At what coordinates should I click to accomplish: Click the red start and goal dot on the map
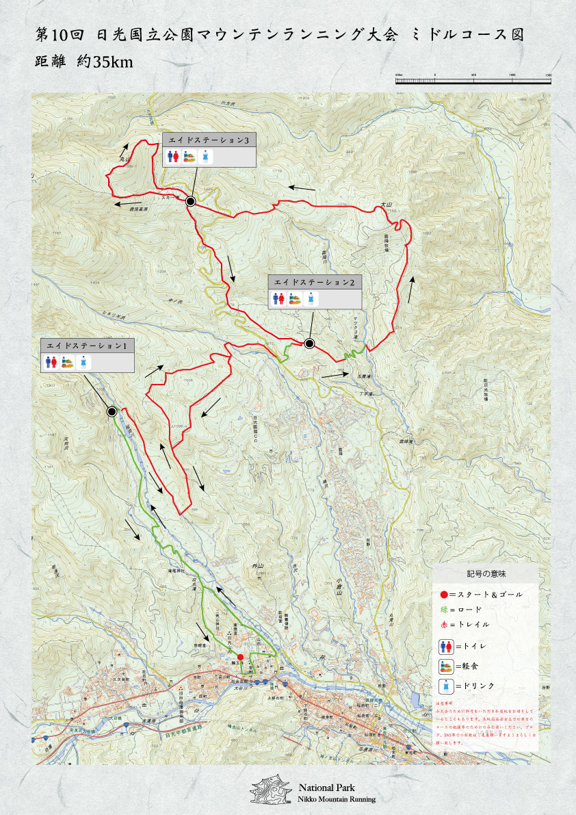[240, 657]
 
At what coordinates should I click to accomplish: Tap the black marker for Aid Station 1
[112, 411]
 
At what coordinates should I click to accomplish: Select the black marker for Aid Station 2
[309, 344]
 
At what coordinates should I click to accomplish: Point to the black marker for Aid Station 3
[191, 201]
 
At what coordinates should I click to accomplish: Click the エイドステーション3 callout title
[209, 140]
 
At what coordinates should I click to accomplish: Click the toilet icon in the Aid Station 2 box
[279, 298]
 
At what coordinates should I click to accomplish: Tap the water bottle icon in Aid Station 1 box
[83, 363]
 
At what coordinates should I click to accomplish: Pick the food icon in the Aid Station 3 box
[192, 157]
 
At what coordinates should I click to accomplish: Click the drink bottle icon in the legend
[445, 686]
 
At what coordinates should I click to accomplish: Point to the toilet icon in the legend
[445, 645]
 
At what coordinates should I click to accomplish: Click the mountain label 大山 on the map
[387, 204]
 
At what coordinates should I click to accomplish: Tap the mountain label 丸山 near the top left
[125, 159]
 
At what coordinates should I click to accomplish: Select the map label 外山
[257, 566]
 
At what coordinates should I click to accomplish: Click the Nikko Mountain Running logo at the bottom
[271, 791]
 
